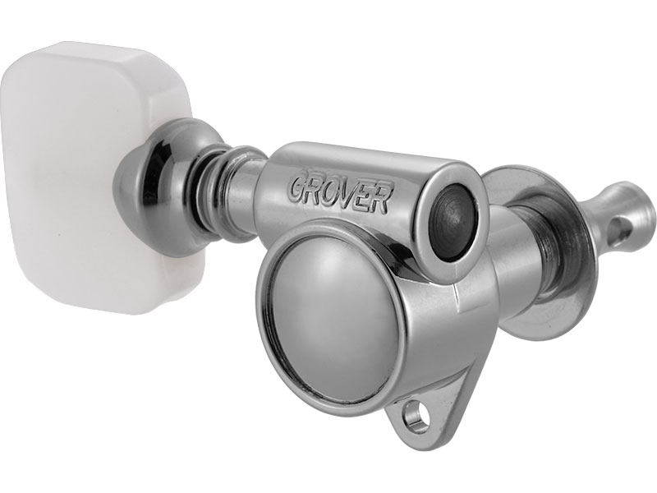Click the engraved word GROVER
point(338,192)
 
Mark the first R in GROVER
point(313,187)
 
